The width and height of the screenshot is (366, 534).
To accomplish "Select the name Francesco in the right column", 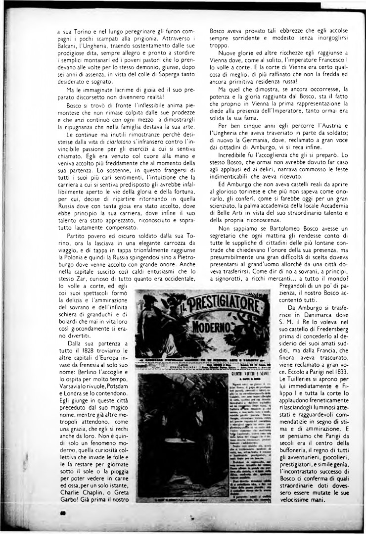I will [327, 59].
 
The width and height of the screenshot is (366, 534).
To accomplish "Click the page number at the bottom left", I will [62, 514].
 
